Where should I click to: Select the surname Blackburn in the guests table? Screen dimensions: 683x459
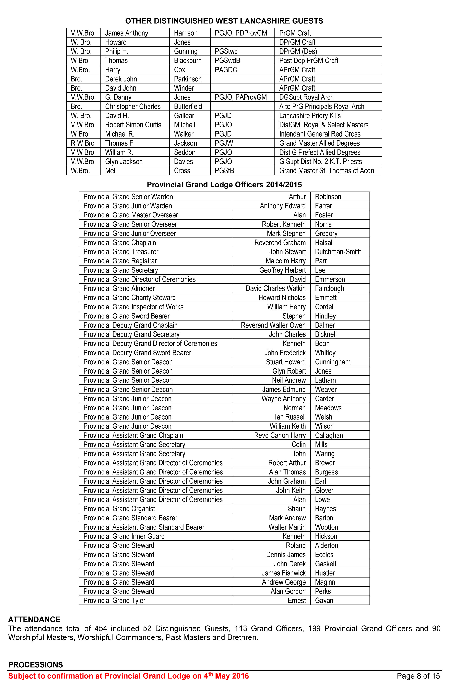coord(188,61)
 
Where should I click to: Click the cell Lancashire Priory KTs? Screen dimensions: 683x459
coord(310,116)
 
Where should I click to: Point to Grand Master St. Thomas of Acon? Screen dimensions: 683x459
coord(326,171)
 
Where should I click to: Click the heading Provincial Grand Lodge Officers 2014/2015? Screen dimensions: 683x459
coord(224,185)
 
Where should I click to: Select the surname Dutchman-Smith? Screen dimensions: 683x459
coord(338,252)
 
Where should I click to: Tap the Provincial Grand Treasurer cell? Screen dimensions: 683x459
coord(121,252)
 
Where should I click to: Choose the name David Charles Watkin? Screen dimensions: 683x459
coord(275,288)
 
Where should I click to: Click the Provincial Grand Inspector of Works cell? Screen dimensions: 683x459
coord(133,307)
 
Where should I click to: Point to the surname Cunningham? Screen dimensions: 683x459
coord(332,362)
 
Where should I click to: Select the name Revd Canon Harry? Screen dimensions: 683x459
coord(280,435)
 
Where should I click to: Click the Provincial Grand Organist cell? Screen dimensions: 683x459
coord(119,509)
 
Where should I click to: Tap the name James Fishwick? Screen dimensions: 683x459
coord(283,573)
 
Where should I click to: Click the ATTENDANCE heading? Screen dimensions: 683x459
coord(34,620)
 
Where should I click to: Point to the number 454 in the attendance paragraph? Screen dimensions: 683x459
coord(101,628)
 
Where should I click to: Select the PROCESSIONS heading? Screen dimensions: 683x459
coord(35,665)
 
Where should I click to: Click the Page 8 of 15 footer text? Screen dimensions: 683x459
coord(418,676)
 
